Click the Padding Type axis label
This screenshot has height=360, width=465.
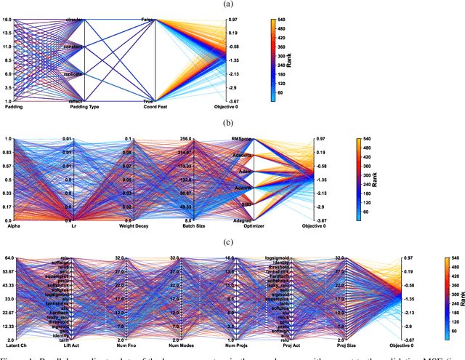point(85,108)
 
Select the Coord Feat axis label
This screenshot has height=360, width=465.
point(157,108)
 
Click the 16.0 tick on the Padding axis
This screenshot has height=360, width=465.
point(7,20)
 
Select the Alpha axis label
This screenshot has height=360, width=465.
point(13,227)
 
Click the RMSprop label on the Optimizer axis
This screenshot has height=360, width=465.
point(221,139)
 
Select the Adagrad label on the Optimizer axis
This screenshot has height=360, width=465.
point(221,220)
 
